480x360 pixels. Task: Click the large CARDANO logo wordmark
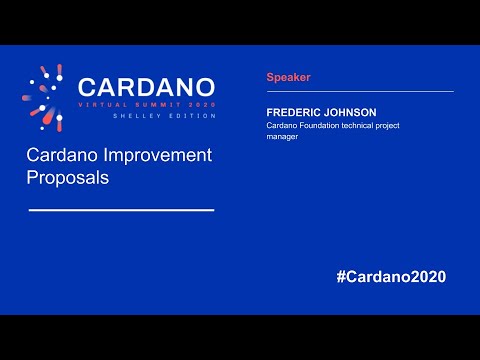pyautogui.click(x=146, y=88)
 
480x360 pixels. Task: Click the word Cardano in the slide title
pyautogui.click(x=62, y=156)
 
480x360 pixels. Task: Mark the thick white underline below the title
pyautogui.click(x=121, y=210)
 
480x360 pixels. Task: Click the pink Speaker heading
pyautogui.click(x=288, y=77)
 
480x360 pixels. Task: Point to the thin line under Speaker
pyautogui.click(x=360, y=91)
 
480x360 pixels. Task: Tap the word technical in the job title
pyautogui.click(x=371, y=126)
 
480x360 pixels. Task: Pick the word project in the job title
pyautogui.click(x=409, y=126)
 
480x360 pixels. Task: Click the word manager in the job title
pyautogui.click(x=284, y=138)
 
